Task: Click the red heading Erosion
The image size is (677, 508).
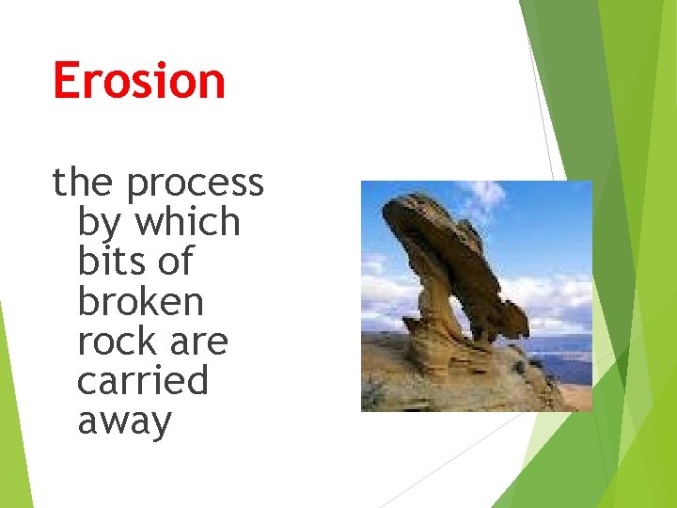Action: (x=139, y=81)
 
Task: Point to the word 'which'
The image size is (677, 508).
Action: (x=188, y=222)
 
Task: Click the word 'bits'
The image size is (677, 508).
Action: (x=111, y=262)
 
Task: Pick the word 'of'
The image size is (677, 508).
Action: (x=175, y=262)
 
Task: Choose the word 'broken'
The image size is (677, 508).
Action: (x=140, y=302)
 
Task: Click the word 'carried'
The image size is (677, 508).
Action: (x=142, y=381)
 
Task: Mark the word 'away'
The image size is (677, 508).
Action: (x=124, y=422)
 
